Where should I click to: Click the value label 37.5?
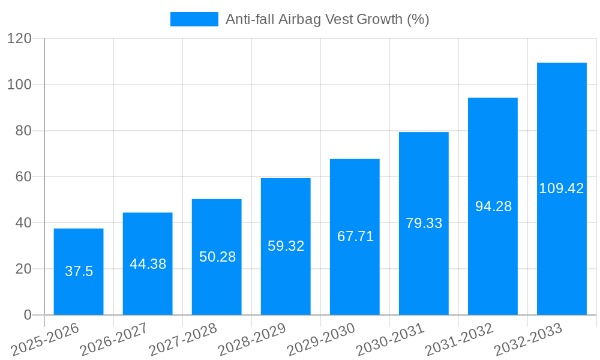(79, 271)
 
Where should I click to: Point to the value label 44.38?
(148, 264)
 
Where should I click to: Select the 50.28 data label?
(217, 257)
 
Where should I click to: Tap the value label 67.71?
(355, 236)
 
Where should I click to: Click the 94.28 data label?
(493, 206)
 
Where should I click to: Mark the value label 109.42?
(562, 188)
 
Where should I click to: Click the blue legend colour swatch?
(194, 19)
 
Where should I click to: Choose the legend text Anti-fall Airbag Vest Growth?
(327, 19)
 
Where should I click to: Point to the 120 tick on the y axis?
(19, 38)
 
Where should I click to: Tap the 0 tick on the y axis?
(28, 315)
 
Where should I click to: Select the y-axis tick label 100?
(19, 85)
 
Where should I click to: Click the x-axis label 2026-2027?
(114, 340)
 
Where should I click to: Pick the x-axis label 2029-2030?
(321, 340)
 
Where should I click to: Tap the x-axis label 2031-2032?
(459, 340)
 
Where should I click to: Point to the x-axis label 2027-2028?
(183, 340)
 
